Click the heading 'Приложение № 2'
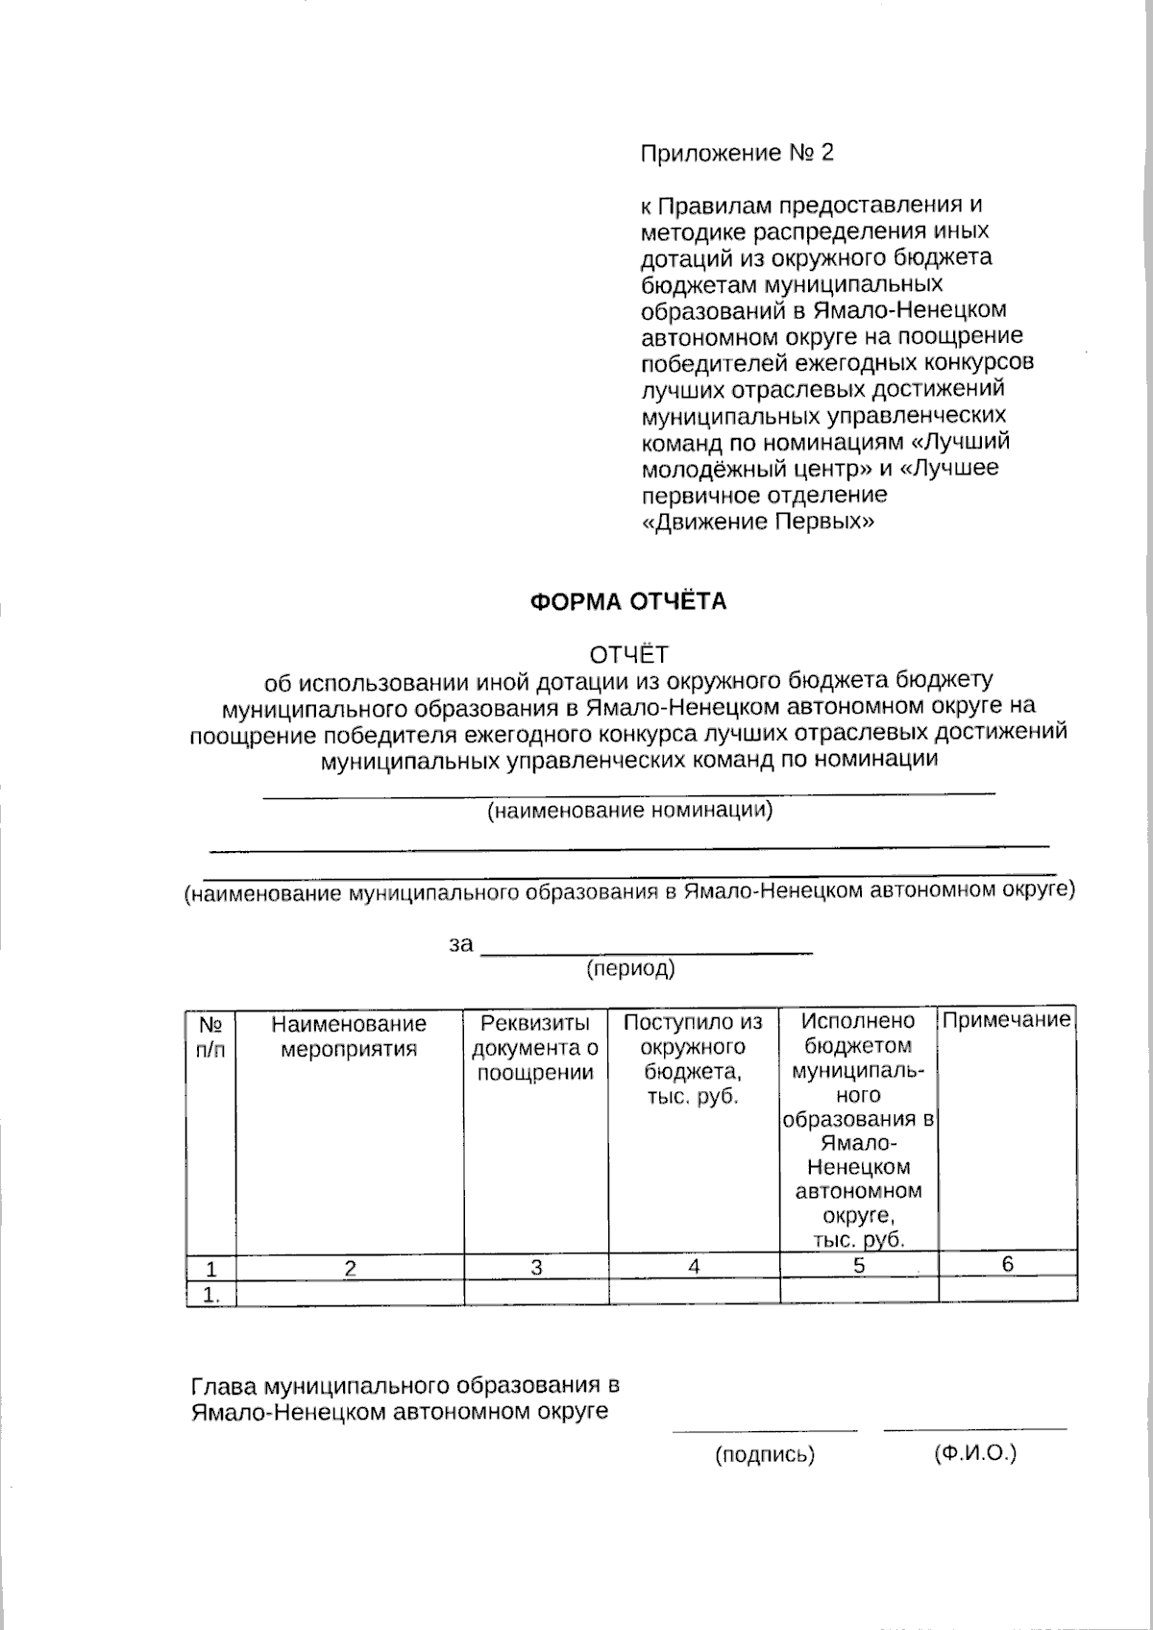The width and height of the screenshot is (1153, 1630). pyautogui.click(x=737, y=153)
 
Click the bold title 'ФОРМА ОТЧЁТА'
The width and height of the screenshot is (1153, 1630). pyautogui.click(x=629, y=602)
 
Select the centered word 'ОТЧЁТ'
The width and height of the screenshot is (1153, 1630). pyautogui.click(x=629, y=655)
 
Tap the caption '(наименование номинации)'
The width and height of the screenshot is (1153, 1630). pyautogui.click(x=629, y=811)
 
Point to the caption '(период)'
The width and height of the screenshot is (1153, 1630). pyautogui.click(x=630, y=969)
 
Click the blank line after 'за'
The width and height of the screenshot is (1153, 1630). pyautogui.click(x=646, y=951)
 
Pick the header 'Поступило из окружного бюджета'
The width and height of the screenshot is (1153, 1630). pyautogui.click(x=693, y=1059)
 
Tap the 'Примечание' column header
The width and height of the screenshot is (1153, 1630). pyautogui.click(x=1006, y=1021)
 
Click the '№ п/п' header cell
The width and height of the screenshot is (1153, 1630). pyautogui.click(x=210, y=1036)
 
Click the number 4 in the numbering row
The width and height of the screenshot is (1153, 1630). pyautogui.click(x=694, y=1267)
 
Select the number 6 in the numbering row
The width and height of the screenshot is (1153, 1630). pyautogui.click(x=1008, y=1265)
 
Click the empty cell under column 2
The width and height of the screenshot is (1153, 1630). pyautogui.click(x=350, y=1293)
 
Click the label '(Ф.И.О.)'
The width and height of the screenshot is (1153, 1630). pyautogui.click(x=974, y=1454)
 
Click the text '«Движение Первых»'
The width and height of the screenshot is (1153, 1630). pyautogui.click(x=758, y=522)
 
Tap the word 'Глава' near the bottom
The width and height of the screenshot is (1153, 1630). pyautogui.click(x=224, y=1386)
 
